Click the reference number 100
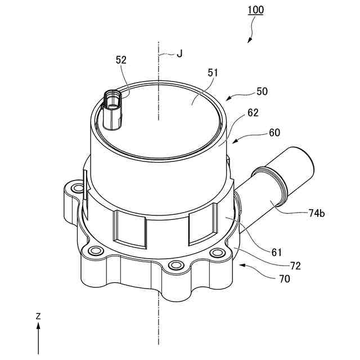pyautogui.click(x=255, y=10)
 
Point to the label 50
pyautogui.click(x=262, y=91)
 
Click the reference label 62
pyautogui.click(x=253, y=112)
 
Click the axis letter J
pyautogui.click(x=179, y=54)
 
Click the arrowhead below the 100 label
pyautogui.click(x=249, y=42)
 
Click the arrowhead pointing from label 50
pyautogui.click(x=227, y=98)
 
